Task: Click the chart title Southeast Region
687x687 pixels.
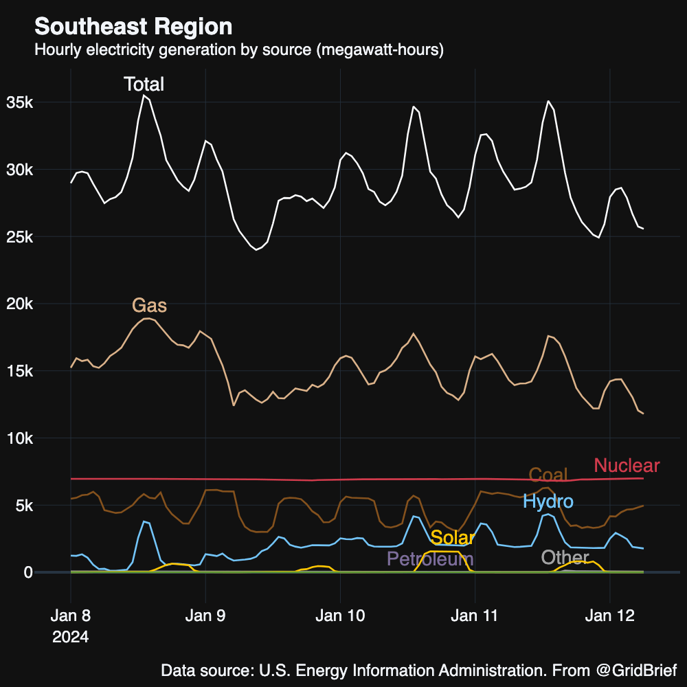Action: (x=133, y=27)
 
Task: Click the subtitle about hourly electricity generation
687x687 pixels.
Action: (x=239, y=50)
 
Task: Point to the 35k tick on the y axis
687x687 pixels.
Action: (x=20, y=102)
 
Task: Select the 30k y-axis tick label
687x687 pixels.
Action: (x=20, y=170)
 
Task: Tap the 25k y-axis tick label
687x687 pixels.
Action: (x=20, y=237)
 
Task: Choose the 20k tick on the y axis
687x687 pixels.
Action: (x=20, y=304)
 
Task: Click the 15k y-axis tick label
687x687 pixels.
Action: (x=20, y=371)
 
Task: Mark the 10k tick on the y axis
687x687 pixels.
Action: (x=20, y=438)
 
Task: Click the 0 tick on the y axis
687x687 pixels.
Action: (x=28, y=572)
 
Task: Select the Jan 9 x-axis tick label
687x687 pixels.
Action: (x=205, y=616)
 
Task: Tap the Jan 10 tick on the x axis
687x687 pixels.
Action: (x=340, y=616)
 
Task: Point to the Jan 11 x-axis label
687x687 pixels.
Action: (x=475, y=616)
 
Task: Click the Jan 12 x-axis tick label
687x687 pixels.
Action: (x=609, y=616)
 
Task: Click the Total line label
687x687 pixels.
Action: (x=144, y=85)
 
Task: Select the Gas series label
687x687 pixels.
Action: (x=149, y=306)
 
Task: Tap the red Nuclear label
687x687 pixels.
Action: (x=627, y=465)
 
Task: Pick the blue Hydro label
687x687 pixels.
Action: (x=548, y=502)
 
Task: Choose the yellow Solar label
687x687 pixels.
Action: (x=453, y=538)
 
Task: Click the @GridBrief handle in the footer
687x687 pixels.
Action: (x=636, y=670)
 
